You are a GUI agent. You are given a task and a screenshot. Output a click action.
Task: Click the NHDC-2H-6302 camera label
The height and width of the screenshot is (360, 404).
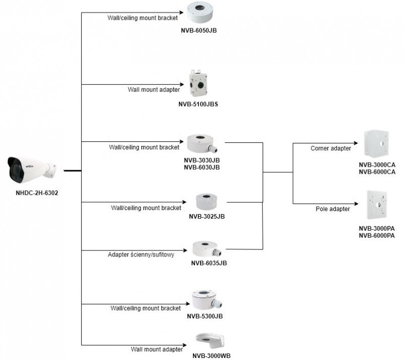(x=33, y=192)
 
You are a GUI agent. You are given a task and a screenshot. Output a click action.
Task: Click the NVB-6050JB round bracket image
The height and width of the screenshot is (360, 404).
(x=199, y=13)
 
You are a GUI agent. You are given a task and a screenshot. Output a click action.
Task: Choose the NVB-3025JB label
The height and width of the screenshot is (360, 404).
(x=207, y=216)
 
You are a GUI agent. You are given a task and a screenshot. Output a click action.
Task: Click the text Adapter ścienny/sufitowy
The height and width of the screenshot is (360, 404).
(x=141, y=255)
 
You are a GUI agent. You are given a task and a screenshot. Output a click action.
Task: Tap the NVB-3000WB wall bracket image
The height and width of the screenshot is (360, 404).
(x=211, y=341)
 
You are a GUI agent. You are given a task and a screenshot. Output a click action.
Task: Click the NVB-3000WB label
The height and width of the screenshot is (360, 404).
(x=211, y=355)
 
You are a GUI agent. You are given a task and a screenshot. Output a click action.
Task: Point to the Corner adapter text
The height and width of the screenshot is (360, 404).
(x=330, y=148)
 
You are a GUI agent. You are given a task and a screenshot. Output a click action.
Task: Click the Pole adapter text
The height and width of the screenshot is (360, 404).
(x=333, y=209)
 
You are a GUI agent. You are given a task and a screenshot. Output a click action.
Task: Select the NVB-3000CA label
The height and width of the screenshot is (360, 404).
(x=377, y=165)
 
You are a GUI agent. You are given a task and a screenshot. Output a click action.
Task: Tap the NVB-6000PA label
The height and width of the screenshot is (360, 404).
(x=377, y=235)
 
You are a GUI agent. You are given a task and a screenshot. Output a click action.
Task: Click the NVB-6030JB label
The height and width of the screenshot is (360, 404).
(x=201, y=167)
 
